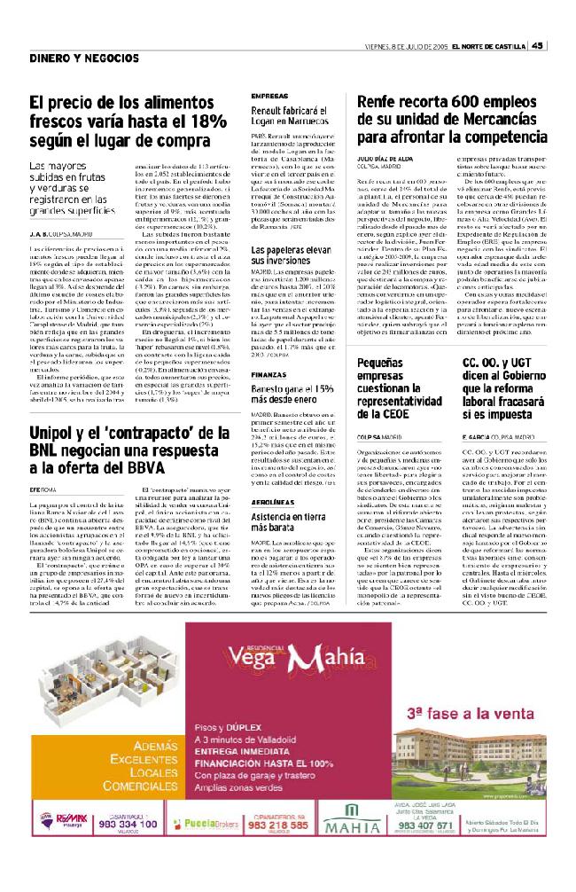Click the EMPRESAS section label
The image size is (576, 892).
(269, 95)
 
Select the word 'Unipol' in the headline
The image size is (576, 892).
(55, 432)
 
